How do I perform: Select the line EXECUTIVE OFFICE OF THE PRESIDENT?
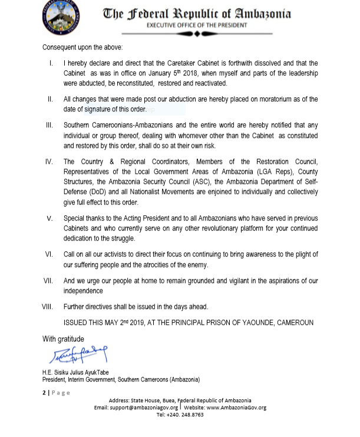(x=197, y=25)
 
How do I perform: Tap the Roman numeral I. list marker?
(x=52, y=63)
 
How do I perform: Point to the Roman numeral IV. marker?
(x=49, y=161)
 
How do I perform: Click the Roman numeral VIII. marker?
(x=47, y=307)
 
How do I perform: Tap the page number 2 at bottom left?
(x=44, y=393)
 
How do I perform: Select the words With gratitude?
(x=63, y=339)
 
